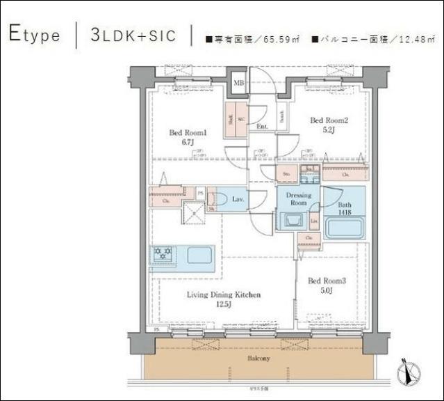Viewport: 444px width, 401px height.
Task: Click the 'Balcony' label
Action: pyautogui.click(x=258, y=358)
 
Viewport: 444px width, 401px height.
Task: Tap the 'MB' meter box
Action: pyautogui.click(x=238, y=84)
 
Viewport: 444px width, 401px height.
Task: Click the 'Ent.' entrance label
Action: pyautogui.click(x=263, y=127)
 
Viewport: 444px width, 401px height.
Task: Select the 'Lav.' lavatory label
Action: pyautogui.click(x=236, y=200)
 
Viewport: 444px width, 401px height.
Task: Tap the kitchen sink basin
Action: pyautogui.click(x=199, y=255)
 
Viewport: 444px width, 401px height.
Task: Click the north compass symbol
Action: pyautogui.click(x=409, y=372)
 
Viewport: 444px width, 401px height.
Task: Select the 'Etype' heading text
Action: pyautogui.click(x=35, y=34)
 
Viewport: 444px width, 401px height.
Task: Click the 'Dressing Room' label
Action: pyautogui.click(x=299, y=199)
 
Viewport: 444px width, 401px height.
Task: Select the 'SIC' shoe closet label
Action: pyautogui.click(x=240, y=119)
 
